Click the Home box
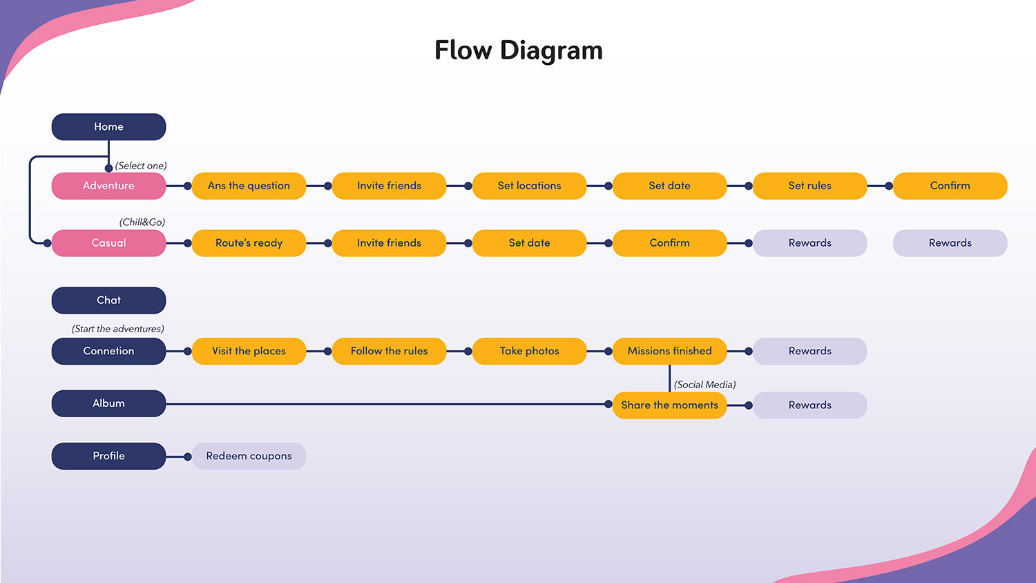point(108,127)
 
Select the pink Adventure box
point(108,186)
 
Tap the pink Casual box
point(108,243)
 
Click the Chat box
point(108,300)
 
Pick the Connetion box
point(108,351)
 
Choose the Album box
point(108,403)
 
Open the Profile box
point(108,456)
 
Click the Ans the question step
point(249,186)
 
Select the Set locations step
point(530,186)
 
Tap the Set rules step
point(810,186)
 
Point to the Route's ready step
point(249,243)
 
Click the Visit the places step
point(249,351)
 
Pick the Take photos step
point(530,351)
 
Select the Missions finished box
point(670,351)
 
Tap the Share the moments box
point(670,405)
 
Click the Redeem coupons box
point(249,456)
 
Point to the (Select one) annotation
point(141,166)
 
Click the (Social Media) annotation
point(705,385)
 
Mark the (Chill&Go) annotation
point(142,222)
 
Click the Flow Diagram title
point(519,50)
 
